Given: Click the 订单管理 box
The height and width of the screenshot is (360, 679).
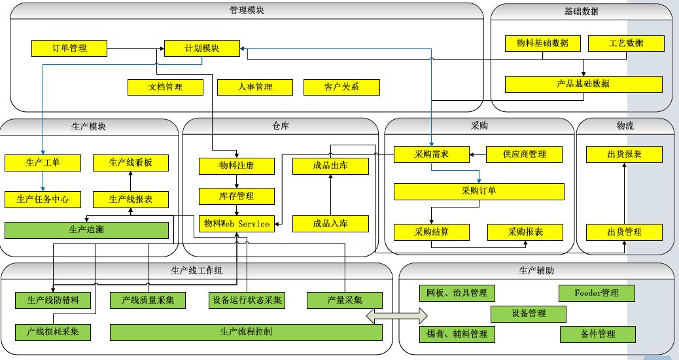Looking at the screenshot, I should click(69, 48).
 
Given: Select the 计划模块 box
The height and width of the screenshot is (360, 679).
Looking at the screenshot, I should click(202, 48).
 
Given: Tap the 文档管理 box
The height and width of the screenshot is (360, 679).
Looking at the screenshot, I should click(156, 86).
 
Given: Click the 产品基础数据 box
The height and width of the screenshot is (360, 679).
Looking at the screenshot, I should click(583, 84).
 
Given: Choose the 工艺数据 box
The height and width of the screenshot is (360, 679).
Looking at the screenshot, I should click(626, 43).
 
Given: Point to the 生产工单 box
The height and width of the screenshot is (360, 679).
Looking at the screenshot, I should click(43, 162).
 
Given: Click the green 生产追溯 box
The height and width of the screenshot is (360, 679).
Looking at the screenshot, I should click(86, 230).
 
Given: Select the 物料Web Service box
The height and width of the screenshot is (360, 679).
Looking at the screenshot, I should click(236, 224).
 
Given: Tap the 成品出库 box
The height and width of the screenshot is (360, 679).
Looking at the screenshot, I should click(330, 166).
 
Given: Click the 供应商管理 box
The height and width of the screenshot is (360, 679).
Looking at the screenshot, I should click(524, 154).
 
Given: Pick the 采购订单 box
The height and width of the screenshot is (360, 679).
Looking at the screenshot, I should click(479, 191).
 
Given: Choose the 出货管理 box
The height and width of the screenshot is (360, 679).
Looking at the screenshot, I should click(623, 232).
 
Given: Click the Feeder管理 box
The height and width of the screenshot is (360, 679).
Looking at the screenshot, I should click(597, 293).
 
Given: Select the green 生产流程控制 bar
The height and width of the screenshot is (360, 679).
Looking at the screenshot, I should click(246, 332).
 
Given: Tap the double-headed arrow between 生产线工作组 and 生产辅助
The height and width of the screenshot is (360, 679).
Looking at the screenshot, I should click(392, 316).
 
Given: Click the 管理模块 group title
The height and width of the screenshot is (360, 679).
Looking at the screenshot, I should click(247, 10).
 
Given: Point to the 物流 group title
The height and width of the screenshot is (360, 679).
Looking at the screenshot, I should click(625, 126).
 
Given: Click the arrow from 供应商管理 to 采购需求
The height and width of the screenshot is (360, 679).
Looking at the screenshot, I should click(477, 154).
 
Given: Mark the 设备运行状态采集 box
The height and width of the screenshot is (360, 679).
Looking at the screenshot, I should click(247, 300).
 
